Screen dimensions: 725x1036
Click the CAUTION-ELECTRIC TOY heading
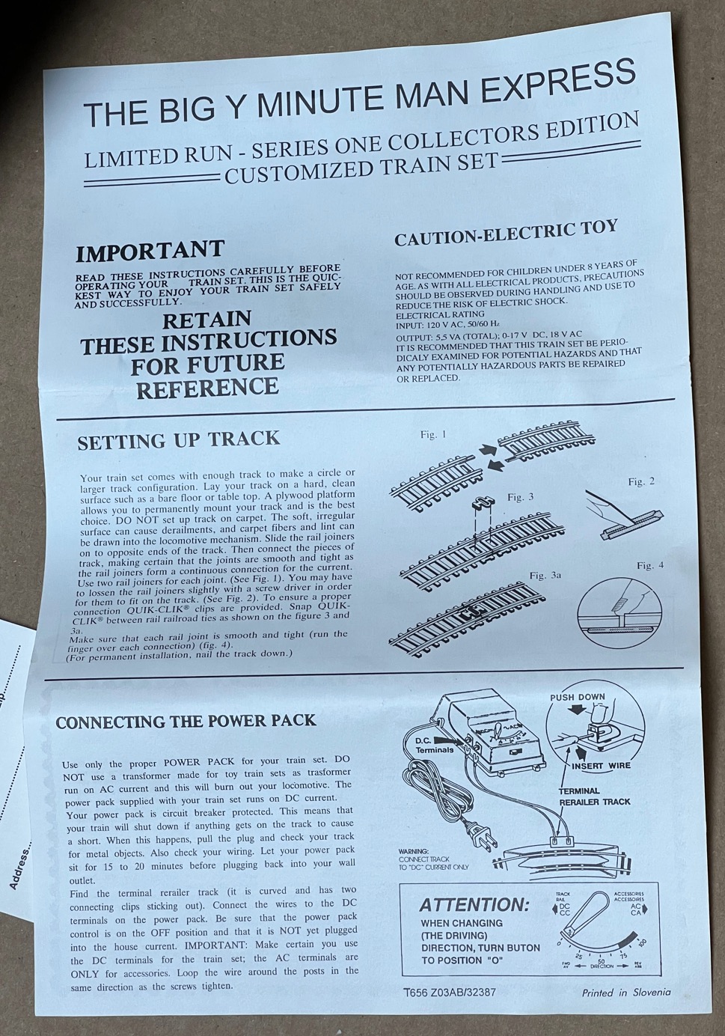[x=506, y=233]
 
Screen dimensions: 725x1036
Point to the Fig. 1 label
[x=433, y=435]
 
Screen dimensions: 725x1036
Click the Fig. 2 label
[x=641, y=482]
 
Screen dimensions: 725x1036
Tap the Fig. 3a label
[x=545, y=576]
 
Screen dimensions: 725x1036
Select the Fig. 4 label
[x=650, y=565]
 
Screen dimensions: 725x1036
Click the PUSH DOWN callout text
[x=577, y=696]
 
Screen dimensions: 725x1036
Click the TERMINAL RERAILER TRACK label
[x=595, y=796]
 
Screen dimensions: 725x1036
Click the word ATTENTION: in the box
[x=474, y=905]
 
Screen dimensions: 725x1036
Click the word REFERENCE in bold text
[x=207, y=387]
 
